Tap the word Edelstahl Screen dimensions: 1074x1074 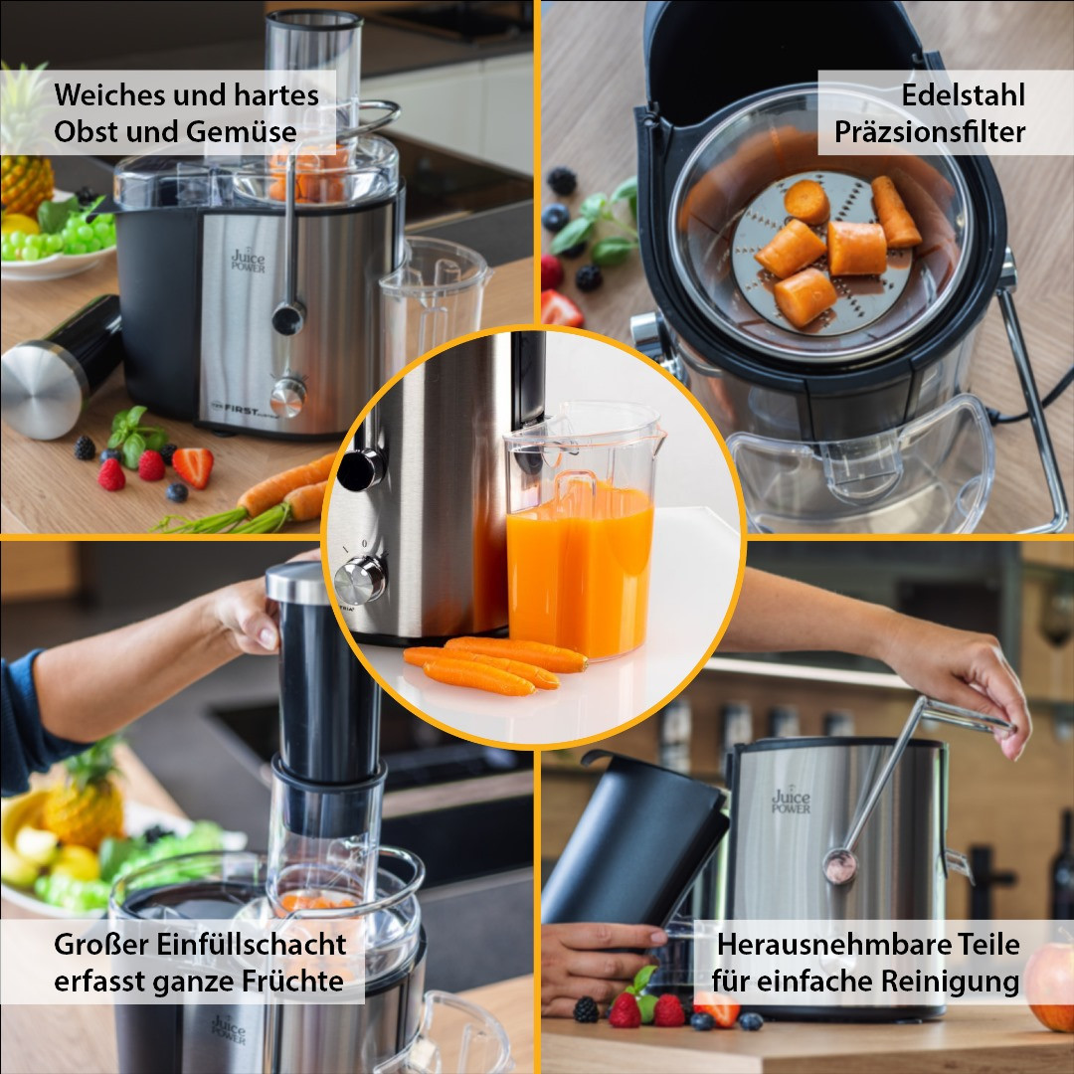963,94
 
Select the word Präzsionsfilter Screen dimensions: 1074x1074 930,131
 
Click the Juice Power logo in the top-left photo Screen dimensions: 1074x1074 248,261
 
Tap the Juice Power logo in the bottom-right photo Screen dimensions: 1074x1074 792,801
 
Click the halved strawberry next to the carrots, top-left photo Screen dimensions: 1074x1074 193,466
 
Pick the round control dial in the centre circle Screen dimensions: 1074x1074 360,580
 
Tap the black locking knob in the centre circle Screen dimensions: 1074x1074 361,469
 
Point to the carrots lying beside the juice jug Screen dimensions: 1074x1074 494,663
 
